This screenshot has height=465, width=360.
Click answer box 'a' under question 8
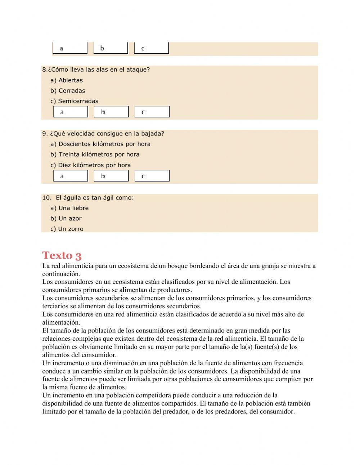point(71,112)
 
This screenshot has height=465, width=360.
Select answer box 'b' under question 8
point(111,112)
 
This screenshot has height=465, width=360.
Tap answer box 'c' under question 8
point(152,112)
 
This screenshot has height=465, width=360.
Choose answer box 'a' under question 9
point(71,176)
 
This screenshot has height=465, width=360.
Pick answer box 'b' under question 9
point(111,176)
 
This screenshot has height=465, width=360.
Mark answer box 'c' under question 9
point(152,176)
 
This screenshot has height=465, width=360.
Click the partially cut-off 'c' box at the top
point(151,48)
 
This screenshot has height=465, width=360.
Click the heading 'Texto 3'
point(62,255)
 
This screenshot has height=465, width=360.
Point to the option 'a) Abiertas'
point(67,80)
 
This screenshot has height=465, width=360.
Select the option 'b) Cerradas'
point(68,91)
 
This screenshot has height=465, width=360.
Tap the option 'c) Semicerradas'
point(74,101)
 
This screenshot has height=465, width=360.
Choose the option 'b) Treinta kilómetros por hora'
point(95,155)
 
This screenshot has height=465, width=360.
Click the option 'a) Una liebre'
point(69,208)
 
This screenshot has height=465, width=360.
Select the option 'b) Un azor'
point(66,219)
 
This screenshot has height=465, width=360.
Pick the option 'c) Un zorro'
point(67,229)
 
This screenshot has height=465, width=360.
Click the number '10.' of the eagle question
point(47,198)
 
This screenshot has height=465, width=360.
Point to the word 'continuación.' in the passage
point(61,274)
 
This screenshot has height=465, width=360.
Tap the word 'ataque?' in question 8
point(139,70)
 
